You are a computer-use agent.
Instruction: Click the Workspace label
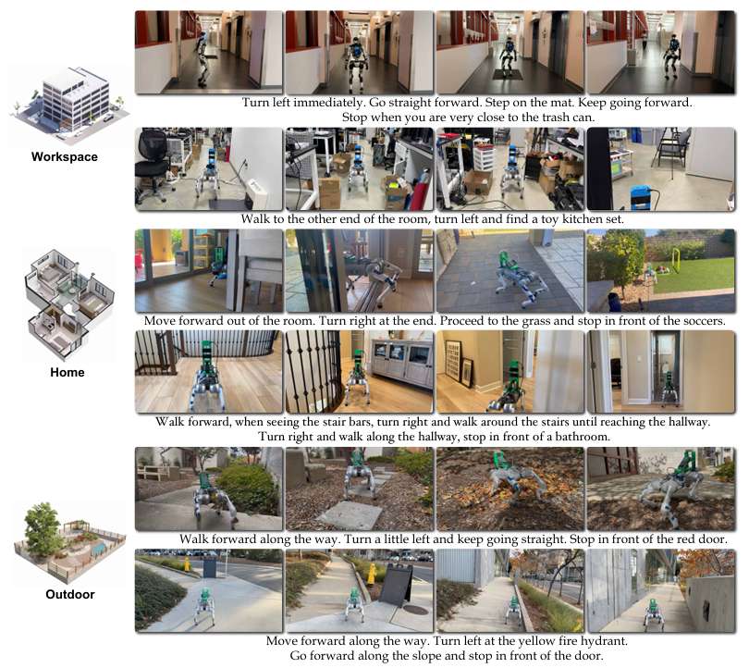(63, 156)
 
